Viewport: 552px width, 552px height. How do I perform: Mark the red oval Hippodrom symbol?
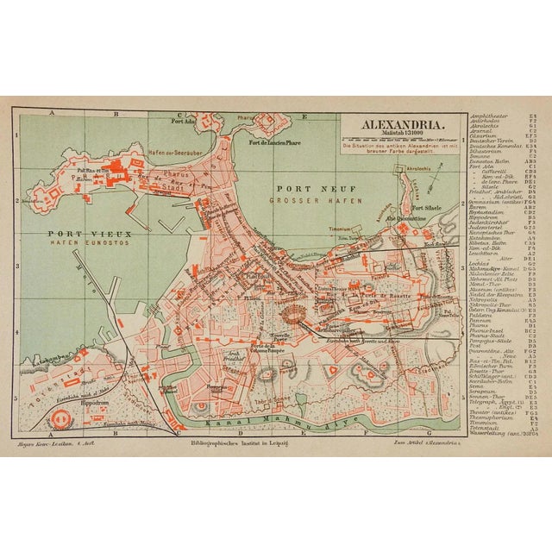click(62, 398)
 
